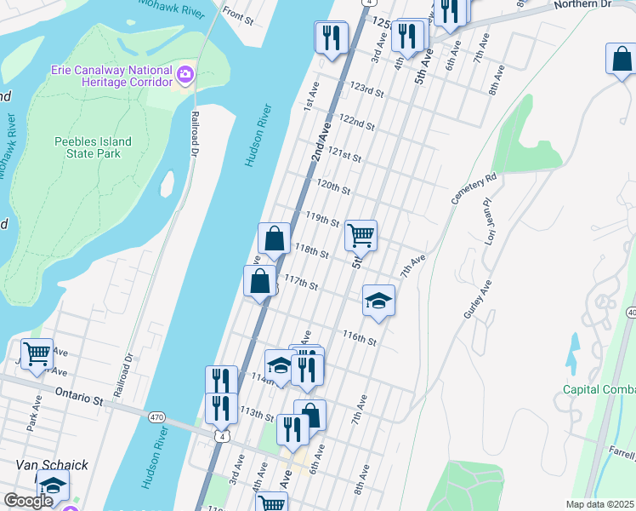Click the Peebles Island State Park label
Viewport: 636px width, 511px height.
tap(93, 147)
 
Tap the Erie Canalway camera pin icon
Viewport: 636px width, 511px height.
tap(185, 75)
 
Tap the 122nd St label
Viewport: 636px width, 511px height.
tap(356, 122)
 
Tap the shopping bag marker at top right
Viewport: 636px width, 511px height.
tap(621, 59)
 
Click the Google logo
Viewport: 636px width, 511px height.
tap(28, 501)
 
